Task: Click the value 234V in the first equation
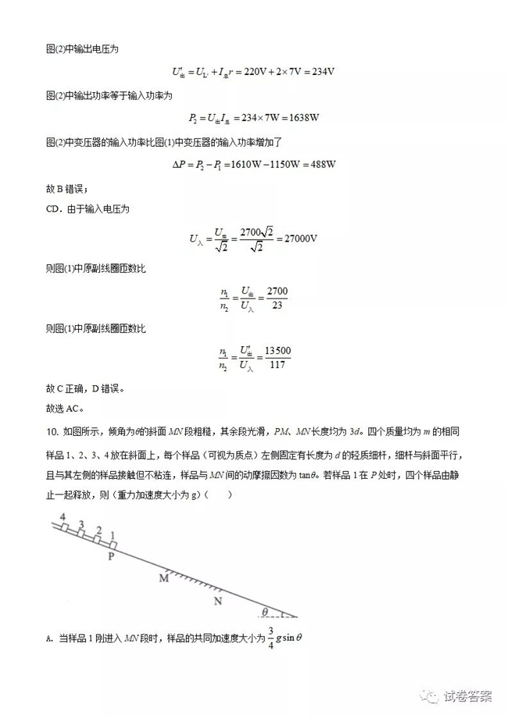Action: [x=320, y=73]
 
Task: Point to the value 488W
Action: [x=320, y=164]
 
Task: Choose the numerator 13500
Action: [x=278, y=351]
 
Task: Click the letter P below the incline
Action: [x=111, y=557]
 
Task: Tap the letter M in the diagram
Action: [x=164, y=579]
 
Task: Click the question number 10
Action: [x=51, y=432]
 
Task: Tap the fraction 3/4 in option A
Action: [x=271, y=638]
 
